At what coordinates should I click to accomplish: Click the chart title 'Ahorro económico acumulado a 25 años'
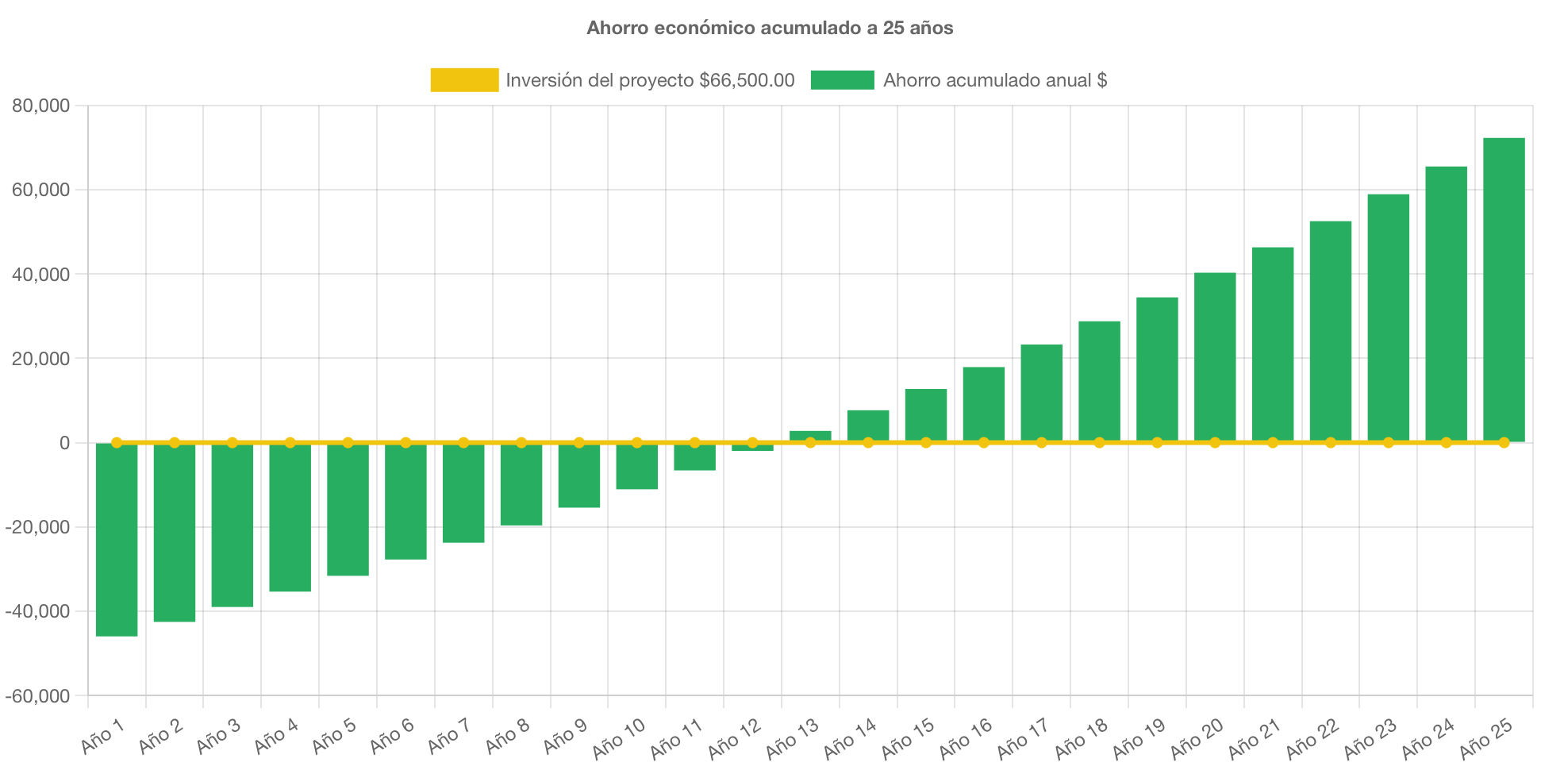coord(770,28)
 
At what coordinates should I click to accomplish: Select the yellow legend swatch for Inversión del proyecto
coord(464,80)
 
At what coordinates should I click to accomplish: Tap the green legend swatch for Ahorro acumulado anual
coord(842,80)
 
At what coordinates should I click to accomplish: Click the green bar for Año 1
coord(117,540)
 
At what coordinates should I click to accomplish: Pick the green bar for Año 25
coord(1504,290)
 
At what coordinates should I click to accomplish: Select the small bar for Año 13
coord(810,435)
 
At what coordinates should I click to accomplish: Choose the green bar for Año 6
coord(405,502)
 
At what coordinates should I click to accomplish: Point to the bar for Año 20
coord(1215,357)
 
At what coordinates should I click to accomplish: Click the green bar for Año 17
coord(1041,393)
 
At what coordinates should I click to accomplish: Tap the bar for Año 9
coord(579,475)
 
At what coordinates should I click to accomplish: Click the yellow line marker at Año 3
coord(232,442)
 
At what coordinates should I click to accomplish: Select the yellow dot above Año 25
coord(1504,442)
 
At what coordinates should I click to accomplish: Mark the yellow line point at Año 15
coord(926,442)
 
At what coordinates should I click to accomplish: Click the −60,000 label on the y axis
coord(38,696)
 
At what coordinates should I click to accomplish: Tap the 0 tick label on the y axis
coord(64,443)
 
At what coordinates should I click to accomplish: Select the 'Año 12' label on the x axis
coord(734,738)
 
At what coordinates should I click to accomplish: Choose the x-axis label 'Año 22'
coord(1312,738)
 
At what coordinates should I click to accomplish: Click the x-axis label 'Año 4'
coord(275,736)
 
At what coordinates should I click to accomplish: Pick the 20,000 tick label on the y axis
coord(41,359)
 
